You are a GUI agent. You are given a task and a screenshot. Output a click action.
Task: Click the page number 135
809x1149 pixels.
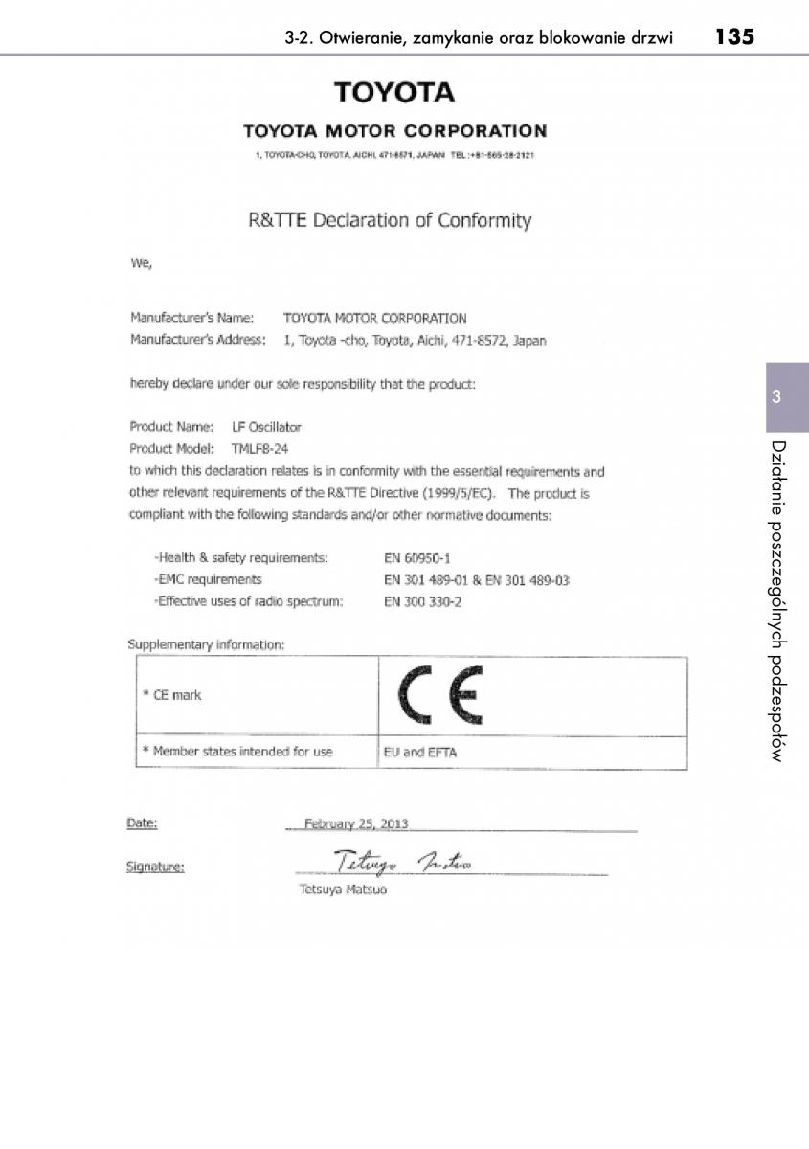[733, 38]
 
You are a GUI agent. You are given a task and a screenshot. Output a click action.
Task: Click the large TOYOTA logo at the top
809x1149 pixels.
[394, 93]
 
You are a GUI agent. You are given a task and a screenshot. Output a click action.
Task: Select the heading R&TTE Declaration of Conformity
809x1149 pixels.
[390, 220]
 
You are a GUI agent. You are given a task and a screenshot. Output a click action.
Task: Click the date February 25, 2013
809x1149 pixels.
[356, 822]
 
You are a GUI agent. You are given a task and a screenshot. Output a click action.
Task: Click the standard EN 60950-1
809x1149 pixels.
[416, 556]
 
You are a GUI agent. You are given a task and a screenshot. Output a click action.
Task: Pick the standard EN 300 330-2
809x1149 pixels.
[422, 602]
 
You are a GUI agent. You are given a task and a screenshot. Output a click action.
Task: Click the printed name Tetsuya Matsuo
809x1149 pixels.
[344, 890]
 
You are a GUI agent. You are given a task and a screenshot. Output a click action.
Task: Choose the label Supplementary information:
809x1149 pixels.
[206, 644]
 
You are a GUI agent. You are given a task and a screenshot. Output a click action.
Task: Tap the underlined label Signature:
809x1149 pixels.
[155, 867]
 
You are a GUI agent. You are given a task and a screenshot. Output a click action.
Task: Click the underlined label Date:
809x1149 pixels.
[142, 822]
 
